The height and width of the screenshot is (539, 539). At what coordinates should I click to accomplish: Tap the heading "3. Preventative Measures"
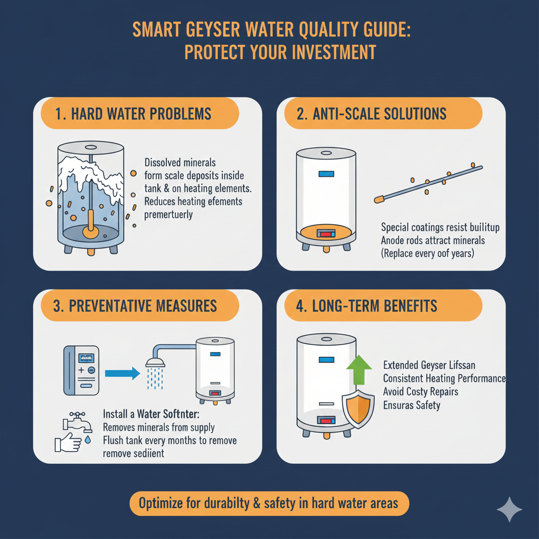point(136,306)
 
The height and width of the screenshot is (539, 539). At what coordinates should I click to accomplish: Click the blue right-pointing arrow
point(122,373)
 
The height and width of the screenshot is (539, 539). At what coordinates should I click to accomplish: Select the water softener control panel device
point(81,370)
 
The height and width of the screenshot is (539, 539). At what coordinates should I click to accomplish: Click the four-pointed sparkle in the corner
point(509,509)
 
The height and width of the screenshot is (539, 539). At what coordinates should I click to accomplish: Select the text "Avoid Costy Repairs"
point(421,392)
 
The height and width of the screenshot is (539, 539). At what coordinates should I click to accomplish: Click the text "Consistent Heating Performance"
point(444,378)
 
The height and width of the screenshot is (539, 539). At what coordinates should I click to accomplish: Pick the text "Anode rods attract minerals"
point(433,241)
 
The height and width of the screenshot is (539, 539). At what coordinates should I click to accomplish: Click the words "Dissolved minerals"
point(180,163)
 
